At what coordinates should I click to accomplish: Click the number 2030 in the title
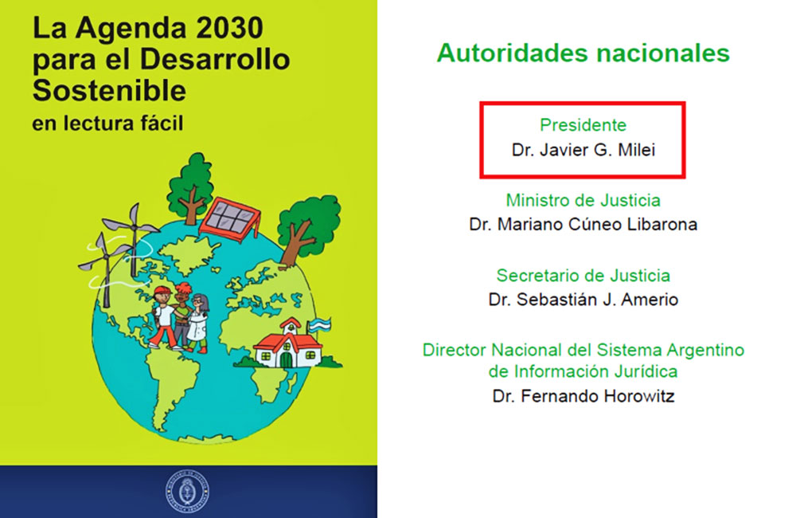[229, 28]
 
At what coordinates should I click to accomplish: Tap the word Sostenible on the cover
[109, 91]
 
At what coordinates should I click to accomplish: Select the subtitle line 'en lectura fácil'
[107, 124]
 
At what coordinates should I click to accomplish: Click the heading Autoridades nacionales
[583, 53]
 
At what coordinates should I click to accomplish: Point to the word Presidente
[583, 125]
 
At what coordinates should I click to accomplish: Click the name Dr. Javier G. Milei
[583, 150]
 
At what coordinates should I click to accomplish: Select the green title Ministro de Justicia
[583, 200]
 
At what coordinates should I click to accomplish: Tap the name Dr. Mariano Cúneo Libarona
[583, 224]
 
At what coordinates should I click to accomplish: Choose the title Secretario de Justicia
[583, 276]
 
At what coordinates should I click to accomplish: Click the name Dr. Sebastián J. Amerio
[583, 300]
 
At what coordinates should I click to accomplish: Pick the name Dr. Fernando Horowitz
[583, 396]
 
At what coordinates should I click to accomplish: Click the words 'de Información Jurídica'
[583, 371]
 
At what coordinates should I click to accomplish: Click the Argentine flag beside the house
[320, 325]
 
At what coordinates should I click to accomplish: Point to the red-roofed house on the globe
[287, 343]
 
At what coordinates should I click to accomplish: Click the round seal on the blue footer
[188, 492]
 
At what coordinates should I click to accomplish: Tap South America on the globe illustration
[170, 387]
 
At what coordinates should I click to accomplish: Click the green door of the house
[287, 359]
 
